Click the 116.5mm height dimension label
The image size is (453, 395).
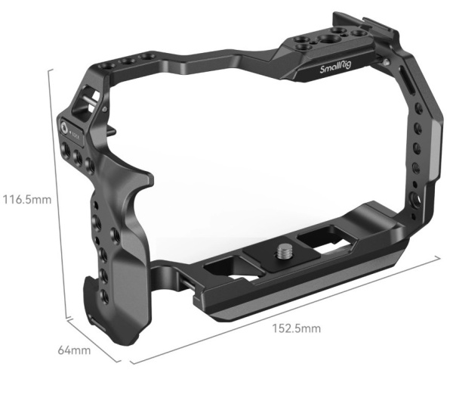point(26,201)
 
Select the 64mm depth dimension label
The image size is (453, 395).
point(75,351)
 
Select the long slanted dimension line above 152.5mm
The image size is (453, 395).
point(287,309)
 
